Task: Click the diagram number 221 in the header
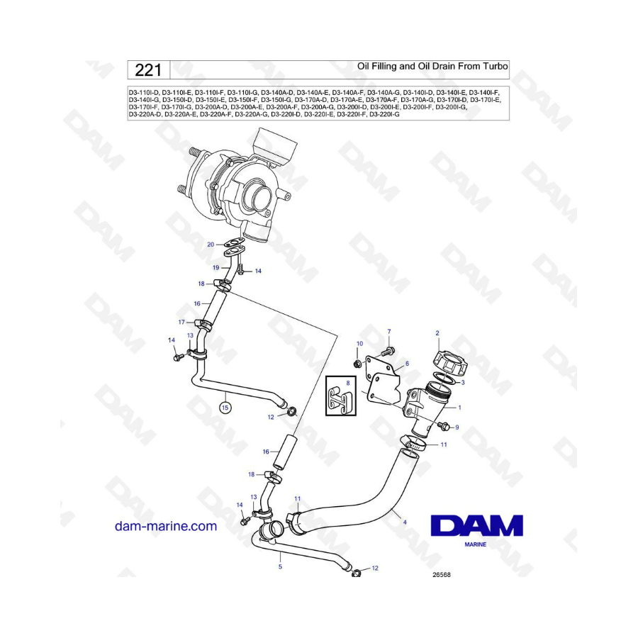(148, 70)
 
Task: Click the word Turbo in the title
(496, 66)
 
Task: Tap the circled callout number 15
(225, 407)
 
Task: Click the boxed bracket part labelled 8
(341, 396)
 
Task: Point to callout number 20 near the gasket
(211, 245)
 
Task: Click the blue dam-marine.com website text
(166, 526)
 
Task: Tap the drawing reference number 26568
(442, 575)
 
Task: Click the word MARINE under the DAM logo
(475, 544)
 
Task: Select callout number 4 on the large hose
(405, 522)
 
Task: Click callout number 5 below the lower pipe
(280, 566)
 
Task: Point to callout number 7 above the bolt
(389, 332)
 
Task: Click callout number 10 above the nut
(359, 344)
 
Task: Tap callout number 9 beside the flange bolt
(457, 427)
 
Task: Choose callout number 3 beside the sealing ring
(463, 383)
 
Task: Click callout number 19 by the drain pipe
(216, 268)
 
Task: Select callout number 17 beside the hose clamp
(181, 323)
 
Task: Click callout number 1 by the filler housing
(460, 408)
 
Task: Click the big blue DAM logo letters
(476, 525)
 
